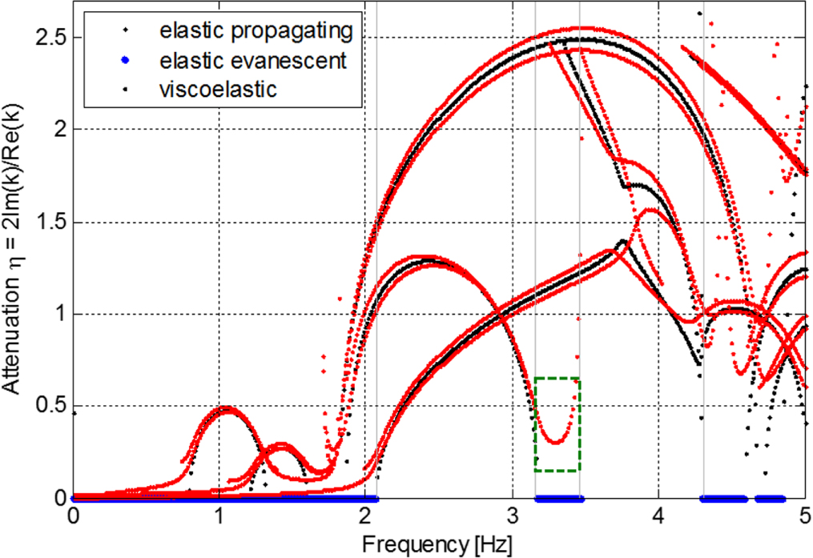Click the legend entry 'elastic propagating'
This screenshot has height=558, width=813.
[256, 31]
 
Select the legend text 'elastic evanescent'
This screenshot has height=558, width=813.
[252, 61]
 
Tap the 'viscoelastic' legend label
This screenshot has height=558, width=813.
[218, 89]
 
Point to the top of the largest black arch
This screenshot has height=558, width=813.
[585, 39]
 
